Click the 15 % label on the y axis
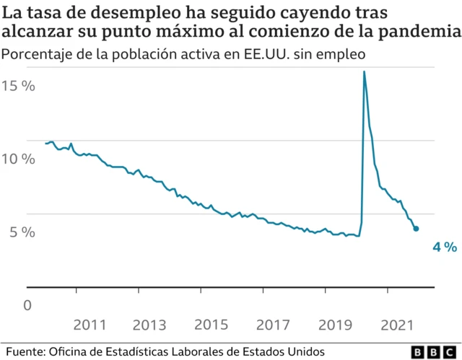[18, 86]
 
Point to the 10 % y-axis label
[18, 159]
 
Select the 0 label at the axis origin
[28, 305]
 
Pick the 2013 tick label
[147, 324]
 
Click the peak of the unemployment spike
[364, 71]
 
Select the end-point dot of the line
[416, 229]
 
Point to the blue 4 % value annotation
[444, 247]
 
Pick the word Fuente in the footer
[25, 351]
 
